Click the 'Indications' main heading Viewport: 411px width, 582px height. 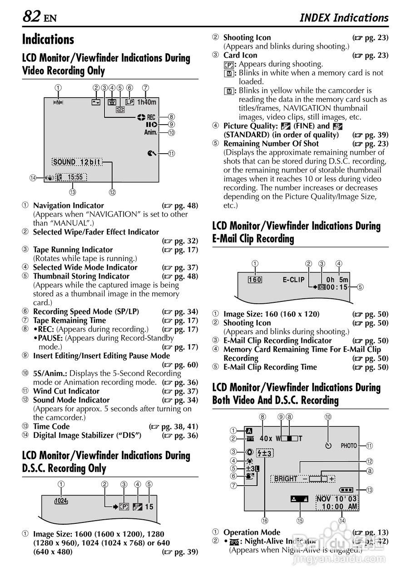click(x=48, y=40)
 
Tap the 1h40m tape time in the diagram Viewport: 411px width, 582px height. click(x=146, y=102)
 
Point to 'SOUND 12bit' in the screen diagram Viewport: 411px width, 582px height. click(x=76, y=162)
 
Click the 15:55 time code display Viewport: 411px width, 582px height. click(x=75, y=177)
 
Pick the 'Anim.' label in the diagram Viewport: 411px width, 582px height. click(x=150, y=132)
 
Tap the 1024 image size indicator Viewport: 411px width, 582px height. click(x=61, y=501)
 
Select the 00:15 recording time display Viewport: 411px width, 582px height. click(x=337, y=287)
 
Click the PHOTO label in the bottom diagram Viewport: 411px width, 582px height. click(x=349, y=446)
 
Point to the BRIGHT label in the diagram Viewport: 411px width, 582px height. click(x=286, y=479)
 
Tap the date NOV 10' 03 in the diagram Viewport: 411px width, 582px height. click(x=337, y=499)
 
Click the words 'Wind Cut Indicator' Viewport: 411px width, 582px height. click(x=66, y=391)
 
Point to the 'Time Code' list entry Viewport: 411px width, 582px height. click(x=51, y=426)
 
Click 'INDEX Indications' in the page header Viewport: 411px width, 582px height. click(x=344, y=18)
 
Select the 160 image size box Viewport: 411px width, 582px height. click(x=255, y=280)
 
